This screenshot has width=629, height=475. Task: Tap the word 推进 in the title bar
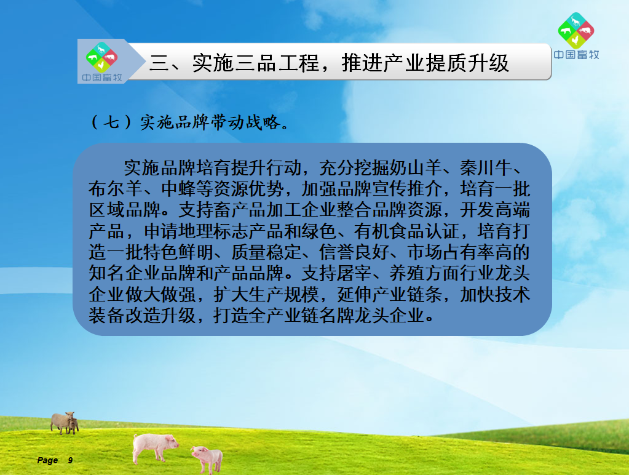pyautogui.click(x=362, y=63)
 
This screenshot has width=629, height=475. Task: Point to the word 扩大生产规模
pyautogui.click(x=266, y=294)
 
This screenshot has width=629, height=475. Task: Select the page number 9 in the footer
pyautogui.click(x=70, y=460)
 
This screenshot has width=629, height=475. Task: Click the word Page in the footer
pyautogui.click(x=47, y=461)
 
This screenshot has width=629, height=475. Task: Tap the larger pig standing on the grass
pyautogui.click(x=155, y=447)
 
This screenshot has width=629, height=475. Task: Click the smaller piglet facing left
pyautogui.click(x=207, y=458)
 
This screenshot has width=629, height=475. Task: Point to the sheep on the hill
pyautogui.click(x=64, y=423)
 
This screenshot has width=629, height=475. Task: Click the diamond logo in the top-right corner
pyautogui.click(x=576, y=31)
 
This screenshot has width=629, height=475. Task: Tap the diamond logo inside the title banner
pyautogui.click(x=101, y=57)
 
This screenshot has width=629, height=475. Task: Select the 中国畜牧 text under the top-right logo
pyautogui.click(x=577, y=55)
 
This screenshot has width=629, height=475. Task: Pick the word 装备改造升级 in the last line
pyautogui.click(x=142, y=315)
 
